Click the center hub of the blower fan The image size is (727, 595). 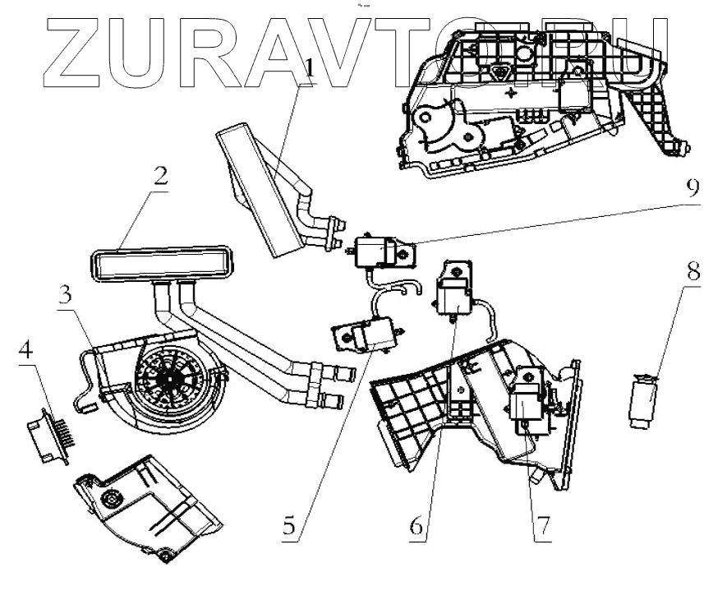(170, 376)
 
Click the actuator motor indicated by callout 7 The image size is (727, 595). (527, 403)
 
